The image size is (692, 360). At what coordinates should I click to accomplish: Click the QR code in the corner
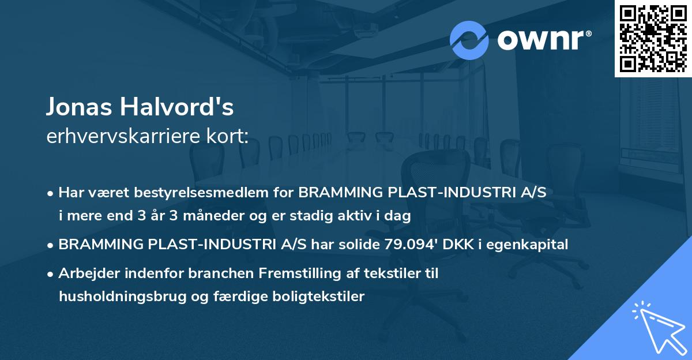pyautogui.click(x=653, y=38)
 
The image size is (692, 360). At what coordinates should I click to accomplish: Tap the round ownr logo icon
pyautogui.click(x=469, y=40)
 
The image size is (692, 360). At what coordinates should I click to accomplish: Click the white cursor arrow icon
pyautogui.click(x=657, y=329)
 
